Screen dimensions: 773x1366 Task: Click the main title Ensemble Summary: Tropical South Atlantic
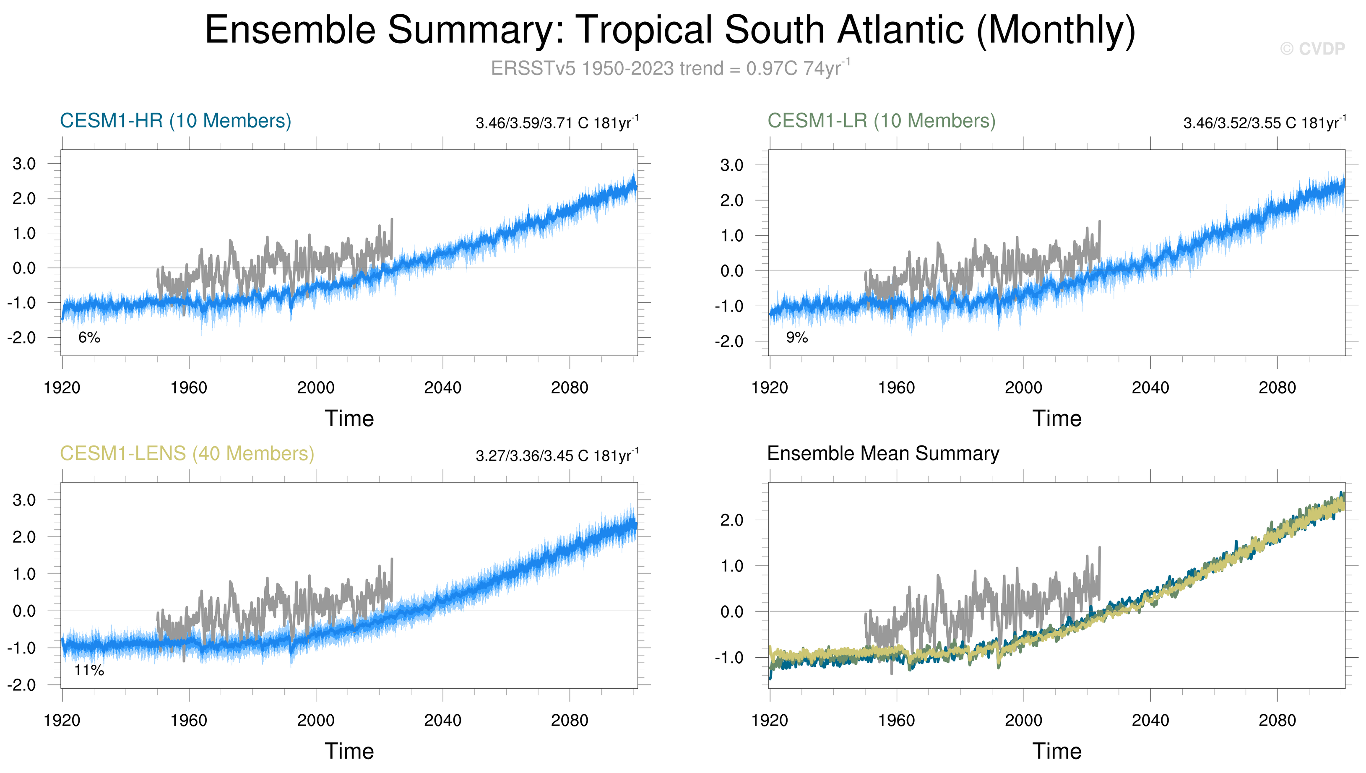pyautogui.click(x=670, y=30)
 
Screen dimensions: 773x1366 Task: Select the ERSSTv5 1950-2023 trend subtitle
pyautogui.click(x=670, y=68)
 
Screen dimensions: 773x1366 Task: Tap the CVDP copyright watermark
pyautogui.click(x=1312, y=49)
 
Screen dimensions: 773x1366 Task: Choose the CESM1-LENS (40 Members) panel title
pyautogui.click(x=187, y=453)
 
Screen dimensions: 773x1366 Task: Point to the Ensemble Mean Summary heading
pyautogui.click(x=883, y=453)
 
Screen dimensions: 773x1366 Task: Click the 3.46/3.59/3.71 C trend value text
pyautogui.click(x=557, y=123)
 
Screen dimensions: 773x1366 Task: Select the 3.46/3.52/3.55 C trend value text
pyautogui.click(x=1264, y=123)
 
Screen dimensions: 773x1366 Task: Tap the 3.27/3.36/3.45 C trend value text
pyautogui.click(x=557, y=455)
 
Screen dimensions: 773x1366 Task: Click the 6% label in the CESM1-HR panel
pyautogui.click(x=89, y=337)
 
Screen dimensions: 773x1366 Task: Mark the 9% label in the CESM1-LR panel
pyautogui.click(x=797, y=337)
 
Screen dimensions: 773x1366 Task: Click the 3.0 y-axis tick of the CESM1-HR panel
pyautogui.click(x=24, y=164)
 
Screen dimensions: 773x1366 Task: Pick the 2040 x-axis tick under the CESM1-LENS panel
pyautogui.click(x=443, y=721)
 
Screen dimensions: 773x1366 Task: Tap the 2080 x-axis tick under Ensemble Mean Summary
pyautogui.click(x=1278, y=721)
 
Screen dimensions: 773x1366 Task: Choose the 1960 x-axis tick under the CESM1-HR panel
pyautogui.click(x=189, y=388)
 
